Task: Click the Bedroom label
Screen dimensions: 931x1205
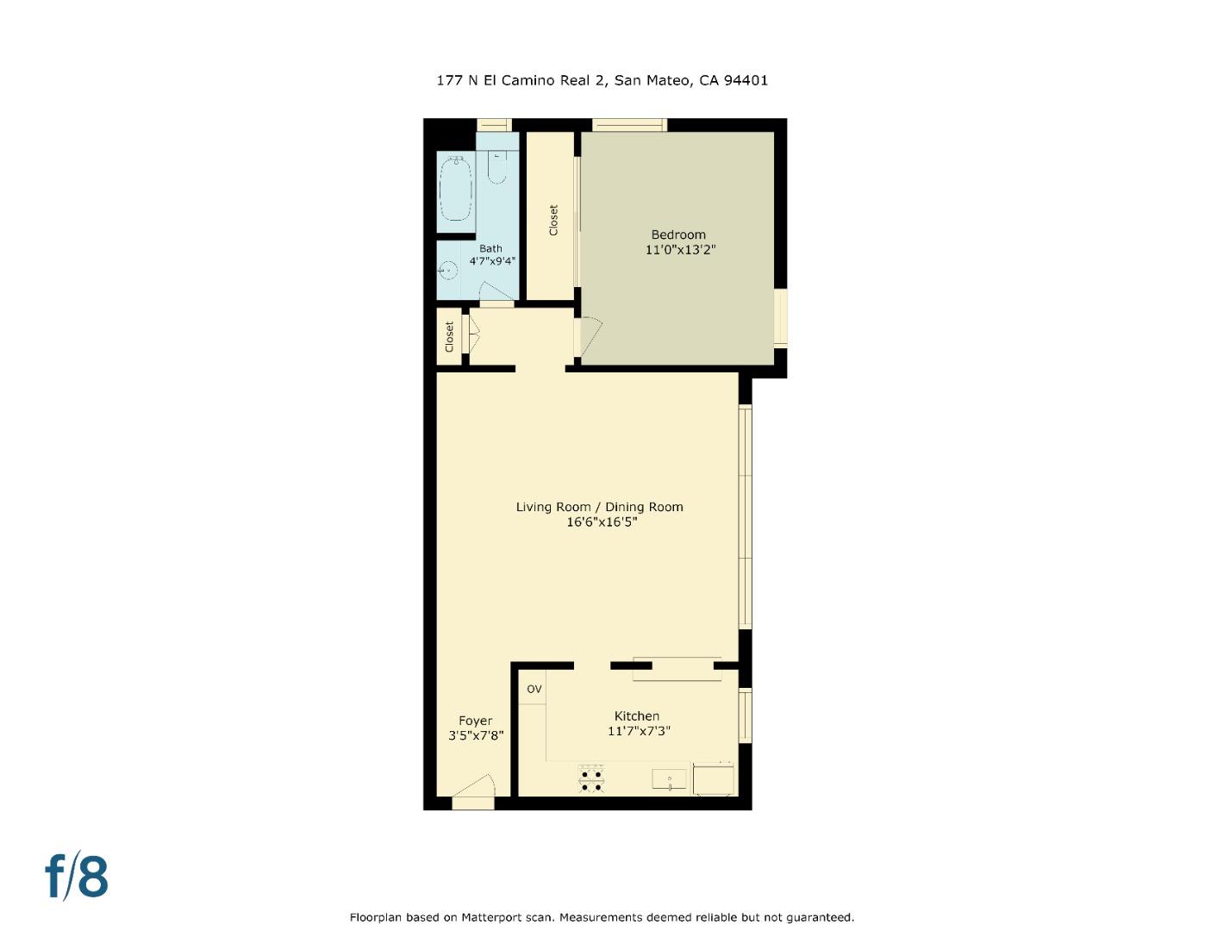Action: [677, 234]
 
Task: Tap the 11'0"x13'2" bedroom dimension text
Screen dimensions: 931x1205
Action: [680, 250]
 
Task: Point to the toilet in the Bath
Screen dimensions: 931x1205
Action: [496, 167]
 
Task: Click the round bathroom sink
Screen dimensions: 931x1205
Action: [446, 271]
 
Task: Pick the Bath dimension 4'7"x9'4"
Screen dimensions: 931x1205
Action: [492, 260]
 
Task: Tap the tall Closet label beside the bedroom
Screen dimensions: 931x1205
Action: [553, 220]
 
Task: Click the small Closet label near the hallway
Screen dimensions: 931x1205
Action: [449, 336]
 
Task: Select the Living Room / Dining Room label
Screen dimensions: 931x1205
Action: [599, 507]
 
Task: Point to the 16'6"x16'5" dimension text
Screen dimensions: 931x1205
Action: [601, 522]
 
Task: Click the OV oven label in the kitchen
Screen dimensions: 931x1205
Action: [534, 689]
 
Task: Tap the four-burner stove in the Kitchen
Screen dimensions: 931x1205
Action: [591, 780]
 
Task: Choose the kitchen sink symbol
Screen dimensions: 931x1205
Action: [670, 780]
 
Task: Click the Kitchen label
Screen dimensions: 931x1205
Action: [636, 715]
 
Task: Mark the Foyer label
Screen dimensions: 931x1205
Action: [475, 721]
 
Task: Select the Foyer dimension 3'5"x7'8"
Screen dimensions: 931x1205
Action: [475, 736]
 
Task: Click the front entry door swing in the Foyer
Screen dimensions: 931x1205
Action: [474, 789]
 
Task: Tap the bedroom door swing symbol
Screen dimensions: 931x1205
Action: [590, 335]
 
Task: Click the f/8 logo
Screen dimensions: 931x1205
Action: [77, 877]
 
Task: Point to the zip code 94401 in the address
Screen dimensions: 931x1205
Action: [746, 80]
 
